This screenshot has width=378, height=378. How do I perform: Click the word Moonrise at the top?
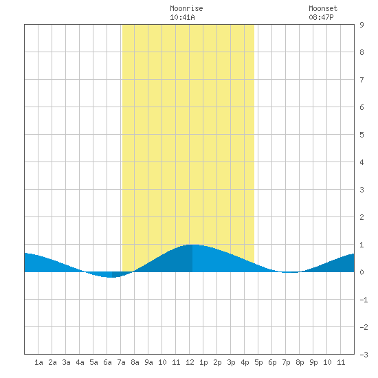[186, 8]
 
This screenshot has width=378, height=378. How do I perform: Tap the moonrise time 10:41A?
[182, 17]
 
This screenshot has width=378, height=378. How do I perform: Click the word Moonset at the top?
[323, 8]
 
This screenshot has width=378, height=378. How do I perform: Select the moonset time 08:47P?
[321, 17]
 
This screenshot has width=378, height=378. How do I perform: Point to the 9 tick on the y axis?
[362, 25]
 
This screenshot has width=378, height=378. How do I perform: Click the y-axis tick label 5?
[362, 135]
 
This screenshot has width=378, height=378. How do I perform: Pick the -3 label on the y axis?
[364, 355]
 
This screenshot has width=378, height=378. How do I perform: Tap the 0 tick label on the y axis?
[362, 272]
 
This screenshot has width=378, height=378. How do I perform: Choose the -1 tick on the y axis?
[364, 300]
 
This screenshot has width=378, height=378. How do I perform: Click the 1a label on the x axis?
[38, 362]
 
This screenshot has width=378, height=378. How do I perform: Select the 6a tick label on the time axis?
[107, 362]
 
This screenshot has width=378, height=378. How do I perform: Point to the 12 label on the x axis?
[190, 362]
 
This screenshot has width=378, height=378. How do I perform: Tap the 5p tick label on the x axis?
[258, 362]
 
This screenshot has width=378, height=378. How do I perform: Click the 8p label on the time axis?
[300, 362]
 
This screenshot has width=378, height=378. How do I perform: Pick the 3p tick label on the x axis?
[231, 362]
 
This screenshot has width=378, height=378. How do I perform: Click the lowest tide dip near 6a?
[110, 277]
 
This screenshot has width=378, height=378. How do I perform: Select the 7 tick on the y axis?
[362, 80]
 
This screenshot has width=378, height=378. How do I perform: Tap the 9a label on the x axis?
[148, 362]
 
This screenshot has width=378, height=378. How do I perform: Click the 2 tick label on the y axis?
[362, 217]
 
